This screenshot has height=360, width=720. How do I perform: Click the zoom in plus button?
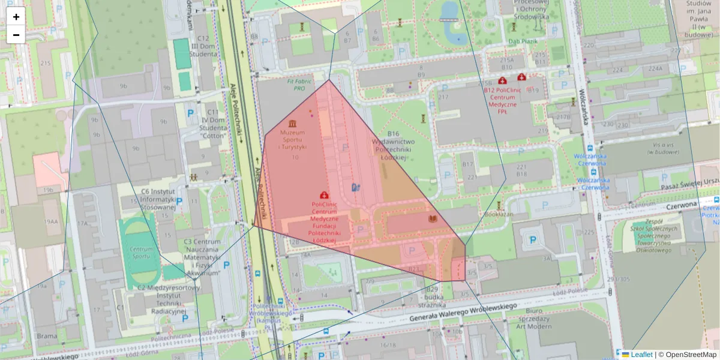click(x=16, y=17)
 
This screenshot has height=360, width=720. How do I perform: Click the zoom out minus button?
click(x=16, y=35)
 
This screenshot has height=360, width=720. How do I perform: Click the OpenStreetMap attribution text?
click(x=691, y=355)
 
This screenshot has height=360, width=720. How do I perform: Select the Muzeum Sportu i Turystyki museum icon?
click(x=292, y=122)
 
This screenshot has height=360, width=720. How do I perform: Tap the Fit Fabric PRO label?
click(x=296, y=85)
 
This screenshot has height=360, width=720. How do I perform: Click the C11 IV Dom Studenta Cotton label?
click(x=212, y=124)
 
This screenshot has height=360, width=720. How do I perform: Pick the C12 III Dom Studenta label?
click(x=203, y=46)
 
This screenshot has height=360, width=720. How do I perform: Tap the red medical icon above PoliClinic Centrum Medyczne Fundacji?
click(x=325, y=194)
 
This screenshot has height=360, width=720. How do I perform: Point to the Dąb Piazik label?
click(x=522, y=41)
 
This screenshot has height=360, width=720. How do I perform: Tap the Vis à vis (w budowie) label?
click(x=661, y=148)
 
